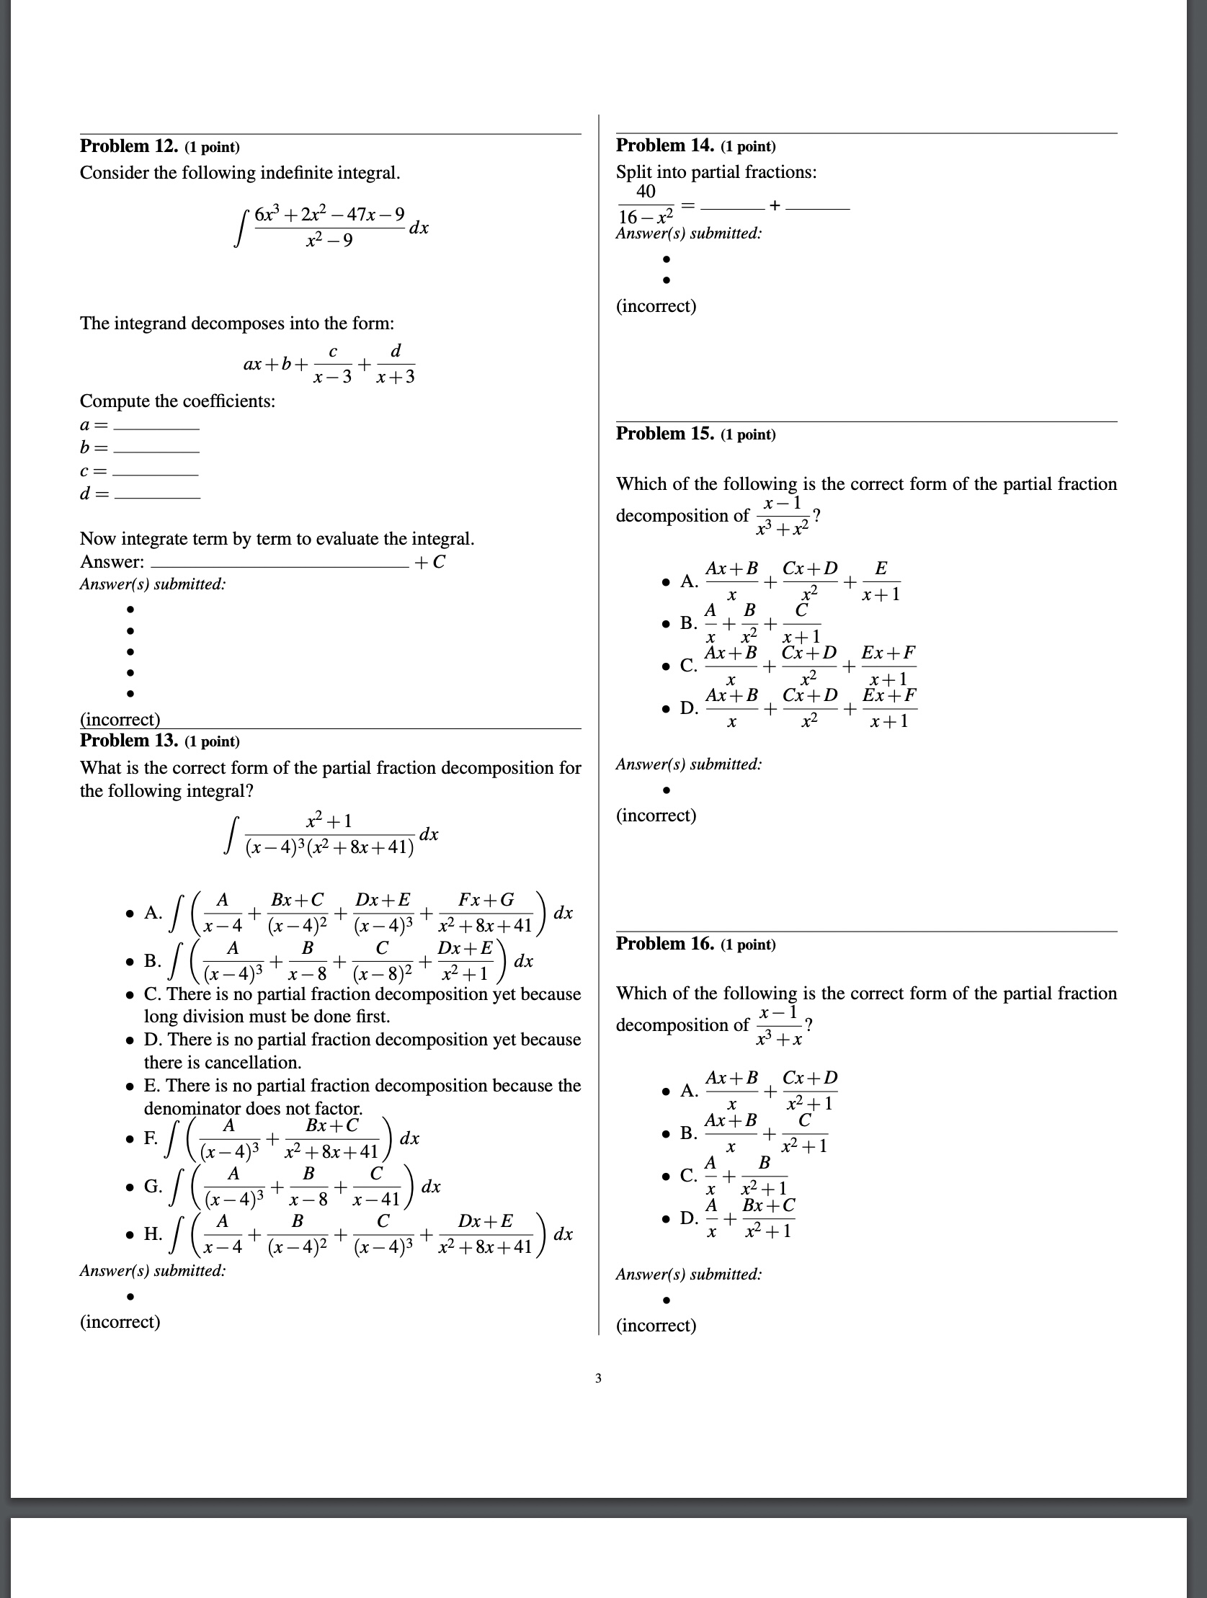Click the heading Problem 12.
click(x=129, y=146)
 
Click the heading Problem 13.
click(x=129, y=741)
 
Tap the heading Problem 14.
click(x=664, y=146)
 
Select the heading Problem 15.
click(x=664, y=434)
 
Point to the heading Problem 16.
click(x=664, y=944)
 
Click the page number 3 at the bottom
click(x=597, y=1378)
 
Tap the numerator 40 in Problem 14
click(x=646, y=192)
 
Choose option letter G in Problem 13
click(x=152, y=1185)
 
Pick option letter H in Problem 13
click(x=152, y=1233)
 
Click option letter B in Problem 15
click(x=687, y=622)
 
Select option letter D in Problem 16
click(x=688, y=1218)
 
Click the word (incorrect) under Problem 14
click(x=656, y=305)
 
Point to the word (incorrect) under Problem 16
click(x=656, y=1325)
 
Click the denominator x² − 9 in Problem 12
click(x=329, y=241)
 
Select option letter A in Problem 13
click(x=152, y=912)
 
